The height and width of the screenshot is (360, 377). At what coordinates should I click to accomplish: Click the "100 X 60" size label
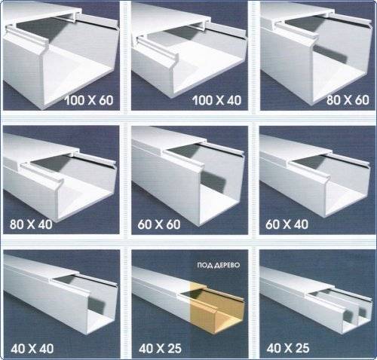(89, 100)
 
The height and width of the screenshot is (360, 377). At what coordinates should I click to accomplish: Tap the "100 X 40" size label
(217, 100)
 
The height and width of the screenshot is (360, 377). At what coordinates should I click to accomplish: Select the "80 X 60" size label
(348, 99)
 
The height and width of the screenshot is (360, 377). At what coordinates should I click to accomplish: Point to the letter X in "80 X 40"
(31, 224)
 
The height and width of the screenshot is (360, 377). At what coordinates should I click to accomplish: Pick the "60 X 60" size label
(159, 224)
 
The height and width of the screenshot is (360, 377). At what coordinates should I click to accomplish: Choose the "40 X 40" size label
(32, 349)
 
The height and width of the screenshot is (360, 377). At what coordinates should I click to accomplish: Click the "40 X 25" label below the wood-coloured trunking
(160, 349)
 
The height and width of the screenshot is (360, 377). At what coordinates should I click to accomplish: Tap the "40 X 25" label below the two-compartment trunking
(288, 348)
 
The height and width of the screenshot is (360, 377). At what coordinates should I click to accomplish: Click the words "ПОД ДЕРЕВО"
(219, 265)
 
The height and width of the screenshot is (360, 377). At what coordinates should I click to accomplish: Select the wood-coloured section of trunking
(216, 309)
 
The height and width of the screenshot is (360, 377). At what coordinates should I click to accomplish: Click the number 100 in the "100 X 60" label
(75, 100)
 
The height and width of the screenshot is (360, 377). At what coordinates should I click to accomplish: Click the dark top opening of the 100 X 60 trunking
(40, 28)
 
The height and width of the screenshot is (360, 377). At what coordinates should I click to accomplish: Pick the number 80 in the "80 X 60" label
(333, 99)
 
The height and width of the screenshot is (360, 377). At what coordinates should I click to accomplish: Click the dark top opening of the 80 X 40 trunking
(51, 163)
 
